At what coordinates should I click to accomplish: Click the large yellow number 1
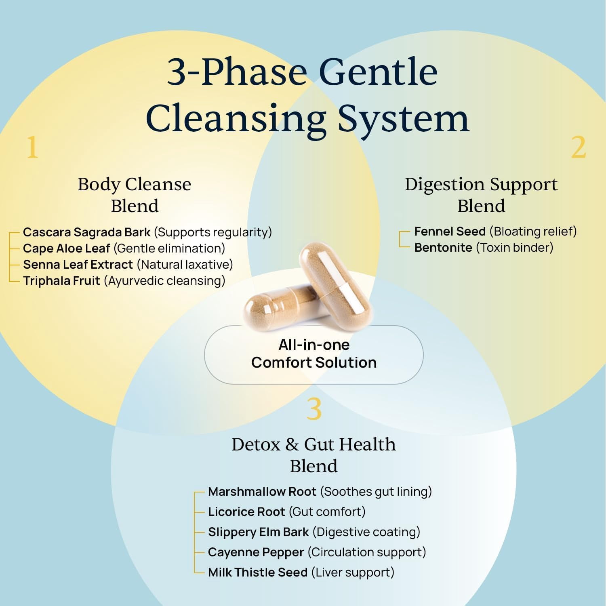point(32,147)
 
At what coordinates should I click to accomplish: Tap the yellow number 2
point(579,147)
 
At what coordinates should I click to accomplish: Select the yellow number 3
point(314,409)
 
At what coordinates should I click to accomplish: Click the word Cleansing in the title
point(236,119)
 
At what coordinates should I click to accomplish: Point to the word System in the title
point(404,119)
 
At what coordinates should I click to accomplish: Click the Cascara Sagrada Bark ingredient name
point(87,232)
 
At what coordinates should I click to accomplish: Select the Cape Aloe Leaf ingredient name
point(67,248)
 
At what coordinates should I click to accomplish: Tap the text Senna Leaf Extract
point(78,265)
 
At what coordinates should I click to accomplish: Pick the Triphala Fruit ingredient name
point(61,281)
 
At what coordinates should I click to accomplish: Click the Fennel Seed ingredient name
point(450,231)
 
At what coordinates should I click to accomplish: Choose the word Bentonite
point(443,248)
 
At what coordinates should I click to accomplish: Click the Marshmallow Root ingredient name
point(262,492)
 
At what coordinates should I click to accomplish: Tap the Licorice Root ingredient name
point(246,512)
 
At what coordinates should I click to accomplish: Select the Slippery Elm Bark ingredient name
point(259,532)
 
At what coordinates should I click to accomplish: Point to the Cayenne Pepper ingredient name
point(256,552)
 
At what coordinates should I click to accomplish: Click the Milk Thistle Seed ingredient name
point(258,572)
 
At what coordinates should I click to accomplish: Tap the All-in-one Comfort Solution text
point(314,354)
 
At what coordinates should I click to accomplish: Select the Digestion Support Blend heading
point(481,195)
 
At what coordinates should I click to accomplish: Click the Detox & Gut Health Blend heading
point(314,455)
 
